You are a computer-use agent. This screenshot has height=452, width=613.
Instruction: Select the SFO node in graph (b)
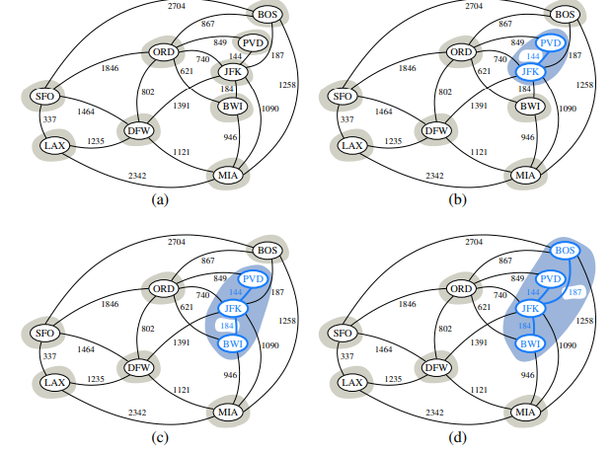343,96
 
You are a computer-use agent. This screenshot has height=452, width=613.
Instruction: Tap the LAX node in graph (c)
52,381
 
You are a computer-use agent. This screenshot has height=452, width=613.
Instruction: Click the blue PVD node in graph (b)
549,43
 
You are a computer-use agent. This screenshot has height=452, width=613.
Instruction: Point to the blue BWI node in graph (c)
231,343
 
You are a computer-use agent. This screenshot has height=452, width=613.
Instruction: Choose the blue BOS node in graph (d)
565,251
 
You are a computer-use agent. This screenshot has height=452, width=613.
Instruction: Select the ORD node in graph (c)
161,287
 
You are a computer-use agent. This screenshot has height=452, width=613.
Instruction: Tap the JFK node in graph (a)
232,72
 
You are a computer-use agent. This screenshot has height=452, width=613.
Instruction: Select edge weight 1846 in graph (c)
111,305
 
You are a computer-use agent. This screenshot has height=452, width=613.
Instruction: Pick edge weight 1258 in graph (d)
585,322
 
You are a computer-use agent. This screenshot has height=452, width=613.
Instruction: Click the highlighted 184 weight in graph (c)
229,326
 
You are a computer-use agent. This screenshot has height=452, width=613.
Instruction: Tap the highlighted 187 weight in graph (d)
577,292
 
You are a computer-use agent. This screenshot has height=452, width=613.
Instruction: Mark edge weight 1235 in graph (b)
393,141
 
